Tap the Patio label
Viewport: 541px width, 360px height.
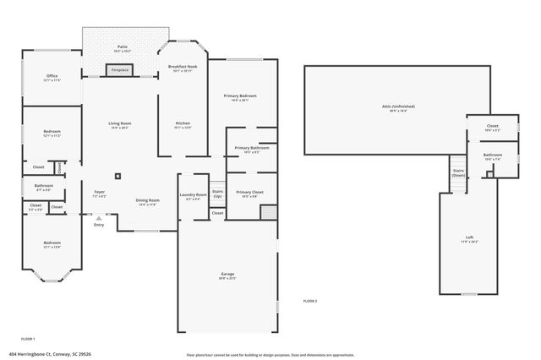122,47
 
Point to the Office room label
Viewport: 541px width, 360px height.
52,78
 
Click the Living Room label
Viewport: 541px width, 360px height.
119,125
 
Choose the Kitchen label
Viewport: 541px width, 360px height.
183,125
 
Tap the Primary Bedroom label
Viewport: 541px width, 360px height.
240,97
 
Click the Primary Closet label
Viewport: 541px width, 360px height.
249,194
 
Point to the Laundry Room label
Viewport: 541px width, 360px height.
194,196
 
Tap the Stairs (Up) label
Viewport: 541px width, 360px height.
217,193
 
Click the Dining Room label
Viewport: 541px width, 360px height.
147,202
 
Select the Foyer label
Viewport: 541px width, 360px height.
99,194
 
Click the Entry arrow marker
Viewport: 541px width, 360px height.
99,218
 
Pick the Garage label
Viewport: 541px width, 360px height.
227,276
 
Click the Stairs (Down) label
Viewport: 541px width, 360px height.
458,172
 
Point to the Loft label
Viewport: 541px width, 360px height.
469,239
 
